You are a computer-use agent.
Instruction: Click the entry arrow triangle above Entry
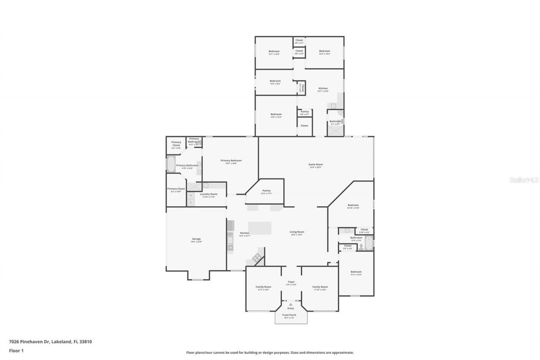coord(291,303)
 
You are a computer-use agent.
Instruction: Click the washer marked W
coord(191,196)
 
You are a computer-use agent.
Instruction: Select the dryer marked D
coord(191,203)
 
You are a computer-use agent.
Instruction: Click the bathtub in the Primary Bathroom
coord(170,164)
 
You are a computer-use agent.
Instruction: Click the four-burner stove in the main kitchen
coord(256,257)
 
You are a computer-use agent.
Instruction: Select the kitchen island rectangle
coord(260,228)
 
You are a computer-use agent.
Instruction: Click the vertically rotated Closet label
coord(302,88)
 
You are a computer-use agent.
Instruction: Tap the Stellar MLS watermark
coord(524,180)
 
